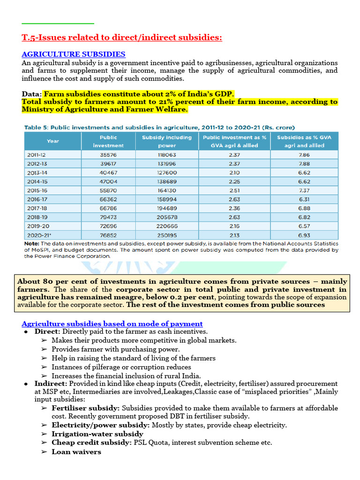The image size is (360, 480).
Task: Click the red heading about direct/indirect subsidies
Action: click(x=122, y=37)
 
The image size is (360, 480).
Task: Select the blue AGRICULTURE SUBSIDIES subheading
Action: click(x=74, y=54)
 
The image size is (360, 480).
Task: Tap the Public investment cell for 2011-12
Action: click(x=108, y=154)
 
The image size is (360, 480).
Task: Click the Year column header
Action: click(x=53, y=141)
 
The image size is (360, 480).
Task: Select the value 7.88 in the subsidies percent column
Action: click(x=304, y=163)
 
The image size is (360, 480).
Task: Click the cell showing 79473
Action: click(x=108, y=217)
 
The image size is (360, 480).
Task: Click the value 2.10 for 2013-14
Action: click(x=233, y=172)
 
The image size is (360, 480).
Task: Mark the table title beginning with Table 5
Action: click(x=159, y=127)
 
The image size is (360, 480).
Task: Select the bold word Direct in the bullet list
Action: click(x=46, y=331)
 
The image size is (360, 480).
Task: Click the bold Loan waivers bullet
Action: click(x=76, y=451)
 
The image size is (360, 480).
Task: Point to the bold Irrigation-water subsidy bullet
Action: click(x=97, y=434)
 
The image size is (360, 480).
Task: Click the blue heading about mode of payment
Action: click(x=112, y=323)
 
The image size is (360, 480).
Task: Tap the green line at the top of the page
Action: click(x=58, y=23)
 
